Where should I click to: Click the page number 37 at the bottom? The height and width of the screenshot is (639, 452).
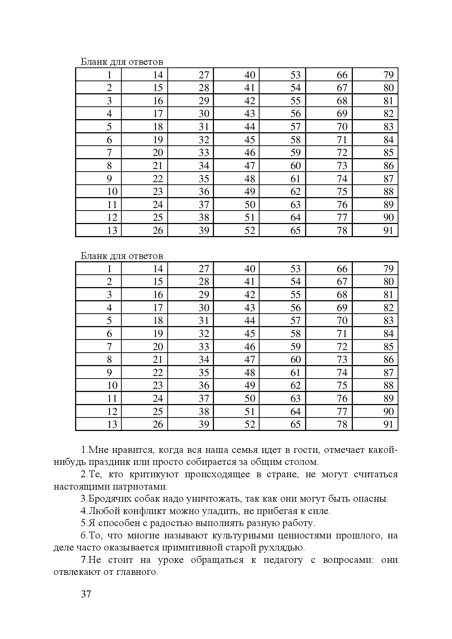[86, 595]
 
